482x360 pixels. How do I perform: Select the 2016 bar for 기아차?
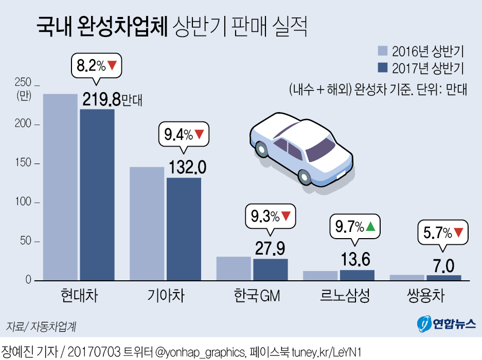click(x=147, y=224)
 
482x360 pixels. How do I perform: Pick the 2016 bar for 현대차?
click(x=60, y=187)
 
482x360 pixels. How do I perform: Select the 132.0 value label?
click(x=187, y=167)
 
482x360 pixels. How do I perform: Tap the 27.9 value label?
click(x=270, y=248)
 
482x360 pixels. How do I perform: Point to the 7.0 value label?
click(x=443, y=266)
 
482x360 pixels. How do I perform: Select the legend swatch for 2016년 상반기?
click(x=382, y=50)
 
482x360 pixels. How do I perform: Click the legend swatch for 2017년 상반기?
click(x=382, y=67)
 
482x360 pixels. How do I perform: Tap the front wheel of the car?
click(x=305, y=177)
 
